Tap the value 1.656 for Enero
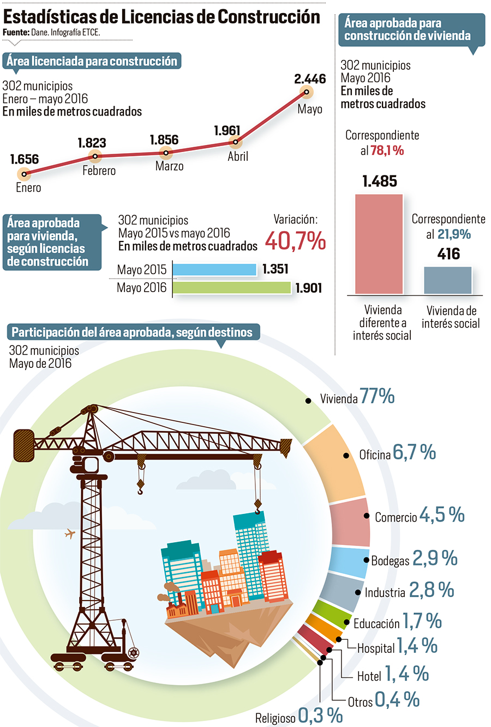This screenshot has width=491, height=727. pyautogui.click(x=25, y=159)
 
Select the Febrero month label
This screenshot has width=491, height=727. pyautogui.click(x=99, y=171)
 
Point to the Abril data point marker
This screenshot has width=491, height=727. pyautogui.click(x=235, y=143)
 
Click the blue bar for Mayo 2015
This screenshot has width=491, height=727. pyautogui.click(x=214, y=269)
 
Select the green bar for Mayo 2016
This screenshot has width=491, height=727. pyautogui.click(x=232, y=288)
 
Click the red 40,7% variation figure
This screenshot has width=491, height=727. pyautogui.click(x=295, y=241)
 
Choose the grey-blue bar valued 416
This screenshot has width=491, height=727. pyautogui.click(x=448, y=280)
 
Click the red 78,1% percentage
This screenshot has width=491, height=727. pyautogui.click(x=387, y=150)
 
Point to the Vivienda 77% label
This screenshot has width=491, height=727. pyautogui.click(x=357, y=397)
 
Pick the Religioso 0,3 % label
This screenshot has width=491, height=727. pyautogui.click(x=299, y=716)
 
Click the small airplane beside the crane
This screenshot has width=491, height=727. pyautogui.click(x=69, y=534)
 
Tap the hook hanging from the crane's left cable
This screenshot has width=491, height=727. pyautogui.click(x=141, y=486)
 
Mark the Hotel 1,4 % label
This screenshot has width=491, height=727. pyautogui.click(x=393, y=675)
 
